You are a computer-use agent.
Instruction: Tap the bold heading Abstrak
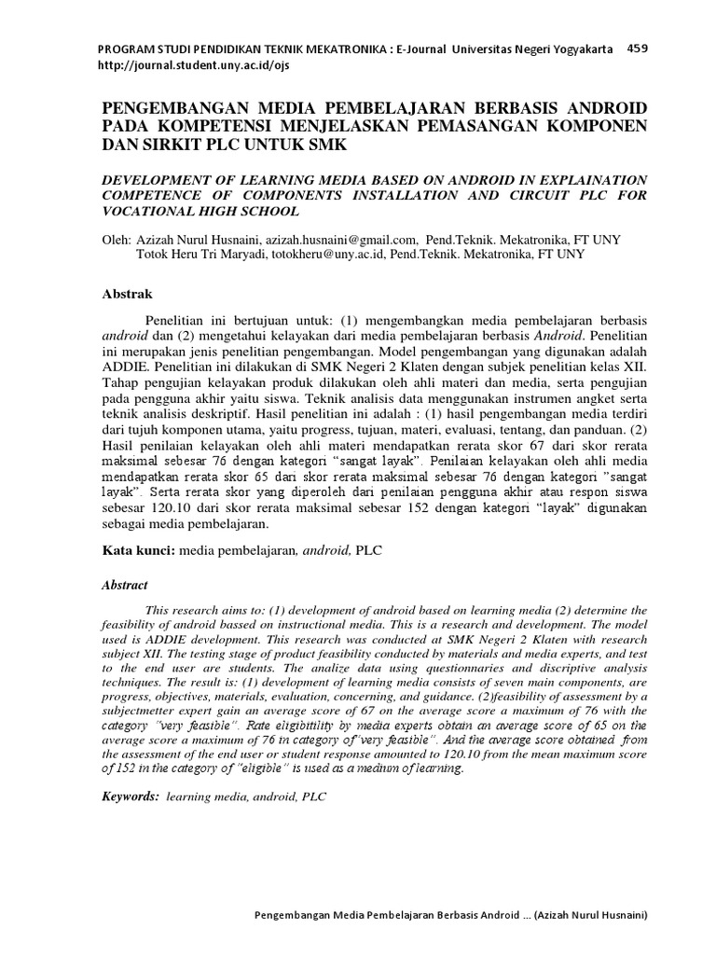(x=126, y=295)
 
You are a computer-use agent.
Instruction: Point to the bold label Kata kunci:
(x=138, y=551)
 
